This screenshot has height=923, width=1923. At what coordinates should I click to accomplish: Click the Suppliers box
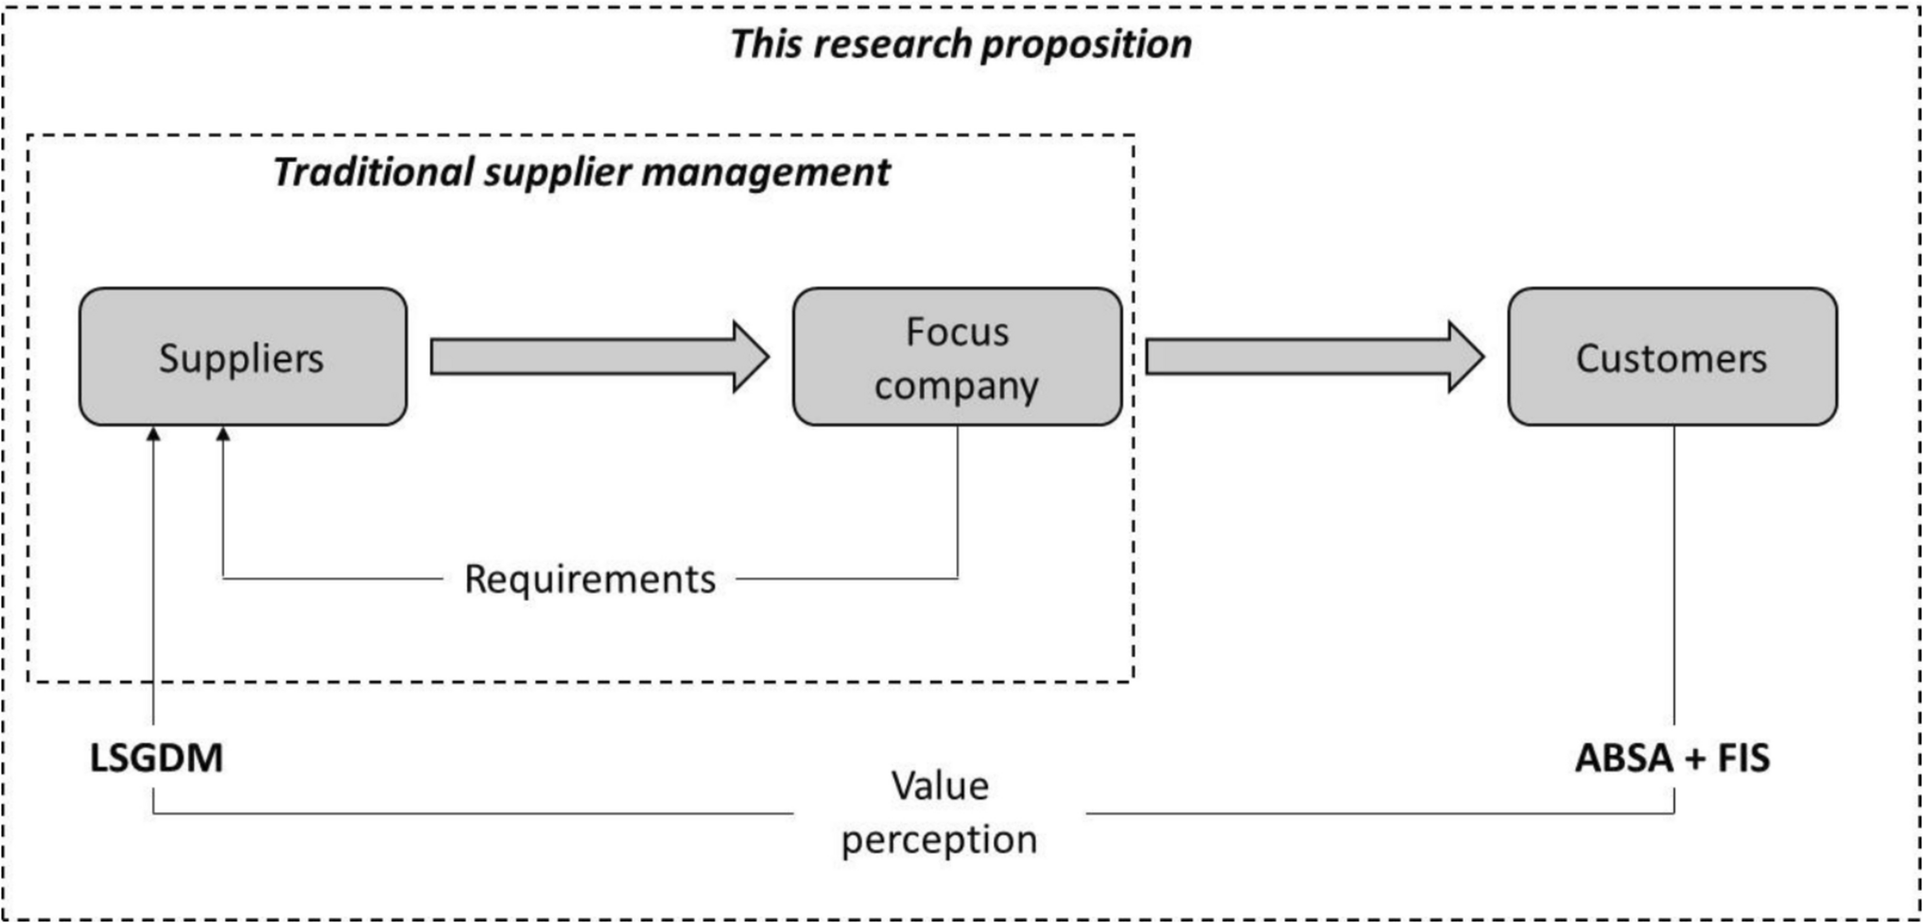point(243,357)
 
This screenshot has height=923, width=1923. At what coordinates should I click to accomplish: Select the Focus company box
point(957,357)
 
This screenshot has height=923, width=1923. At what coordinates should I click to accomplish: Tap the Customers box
point(1672,357)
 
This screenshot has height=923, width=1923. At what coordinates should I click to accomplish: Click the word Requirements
point(590,579)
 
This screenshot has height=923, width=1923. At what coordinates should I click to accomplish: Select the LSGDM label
point(156,758)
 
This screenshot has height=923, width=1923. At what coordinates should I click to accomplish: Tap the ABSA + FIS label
point(1672,758)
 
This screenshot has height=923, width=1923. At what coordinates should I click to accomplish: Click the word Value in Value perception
point(940,786)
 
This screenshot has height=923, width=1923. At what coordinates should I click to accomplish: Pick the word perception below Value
point(940,840)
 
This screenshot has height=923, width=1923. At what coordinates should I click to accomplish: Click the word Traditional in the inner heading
point(373,172)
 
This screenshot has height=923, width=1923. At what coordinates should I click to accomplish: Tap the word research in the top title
point(892,44)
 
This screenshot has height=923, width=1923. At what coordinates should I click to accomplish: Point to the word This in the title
point(765,44)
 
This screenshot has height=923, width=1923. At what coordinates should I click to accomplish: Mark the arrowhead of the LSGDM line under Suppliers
point(153,434)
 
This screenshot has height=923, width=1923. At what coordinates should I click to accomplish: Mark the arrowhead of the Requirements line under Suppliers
point(223,434)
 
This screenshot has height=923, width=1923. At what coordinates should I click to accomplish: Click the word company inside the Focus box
point(957,386)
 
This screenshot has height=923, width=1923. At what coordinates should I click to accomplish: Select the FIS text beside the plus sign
point(1743,758)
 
